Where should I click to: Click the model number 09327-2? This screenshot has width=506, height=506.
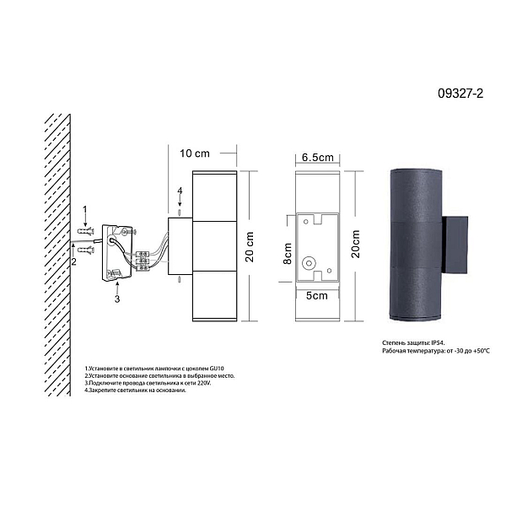pyautogui.click(x=460, y=94)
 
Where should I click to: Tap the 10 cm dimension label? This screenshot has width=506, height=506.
pyautogui.click(x=195, y=153)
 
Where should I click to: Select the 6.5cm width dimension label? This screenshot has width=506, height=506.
pyautogui.click(x=318, y=157)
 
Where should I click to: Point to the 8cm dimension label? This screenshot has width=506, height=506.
pyautogui.click(x=288, y=253)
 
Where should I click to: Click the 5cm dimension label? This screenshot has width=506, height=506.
pyautogui.click(x=316, y=296)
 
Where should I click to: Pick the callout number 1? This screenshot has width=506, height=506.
pyautogui.click(x=85, y=210)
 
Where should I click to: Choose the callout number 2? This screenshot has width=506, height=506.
pyautogui.click(x=74, y=261)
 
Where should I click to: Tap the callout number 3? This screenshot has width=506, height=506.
pyautogui.click(x=117, y=299)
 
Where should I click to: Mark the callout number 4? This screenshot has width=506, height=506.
pyautogui.click(x=180, y=191)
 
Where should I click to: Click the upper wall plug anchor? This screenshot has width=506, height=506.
pyautogui.click(x=86, y=231)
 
